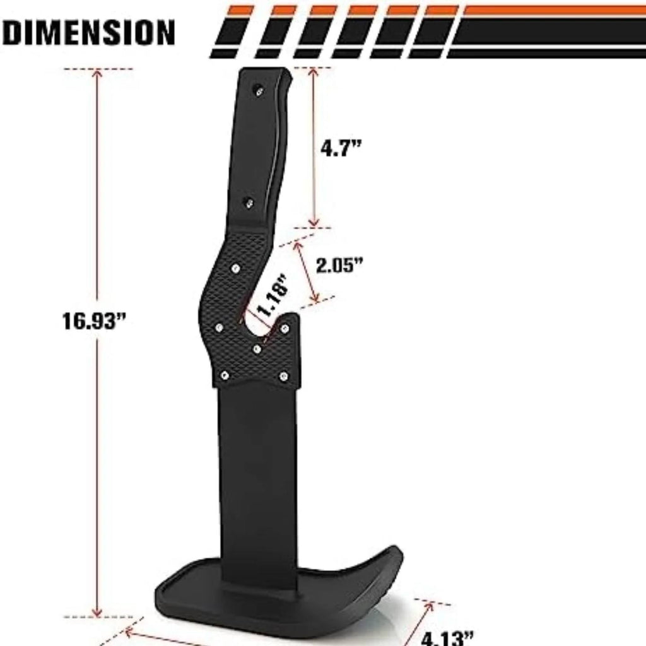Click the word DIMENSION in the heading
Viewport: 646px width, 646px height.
coord(89,32)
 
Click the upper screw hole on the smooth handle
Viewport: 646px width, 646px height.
coord(259,91)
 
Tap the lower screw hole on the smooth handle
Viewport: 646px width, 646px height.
coord(249,203)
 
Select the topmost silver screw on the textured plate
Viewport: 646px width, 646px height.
coord(235,269)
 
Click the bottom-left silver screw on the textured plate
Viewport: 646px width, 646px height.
coord(223,375)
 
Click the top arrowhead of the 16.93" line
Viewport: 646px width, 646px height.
coord(97,73)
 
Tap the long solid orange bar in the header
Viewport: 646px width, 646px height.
coord(555,10)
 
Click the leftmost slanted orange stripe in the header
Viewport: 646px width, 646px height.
coord(240,10)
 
